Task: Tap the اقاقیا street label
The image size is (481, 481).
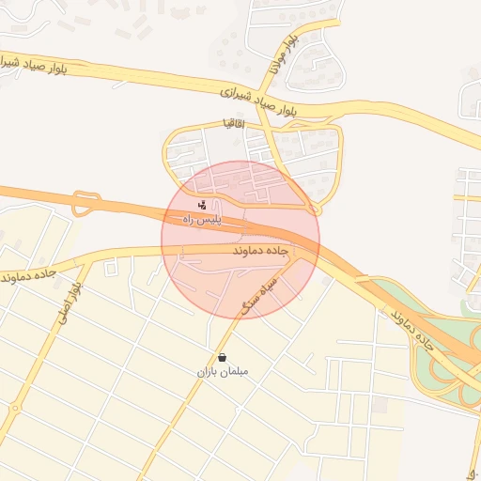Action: (234, 123)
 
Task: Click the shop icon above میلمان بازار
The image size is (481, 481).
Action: (223, 357)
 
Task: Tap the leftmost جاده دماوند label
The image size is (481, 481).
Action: (30, 275)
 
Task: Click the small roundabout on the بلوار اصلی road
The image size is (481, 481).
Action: (16, 408)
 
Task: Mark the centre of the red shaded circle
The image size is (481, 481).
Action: (240, 240)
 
